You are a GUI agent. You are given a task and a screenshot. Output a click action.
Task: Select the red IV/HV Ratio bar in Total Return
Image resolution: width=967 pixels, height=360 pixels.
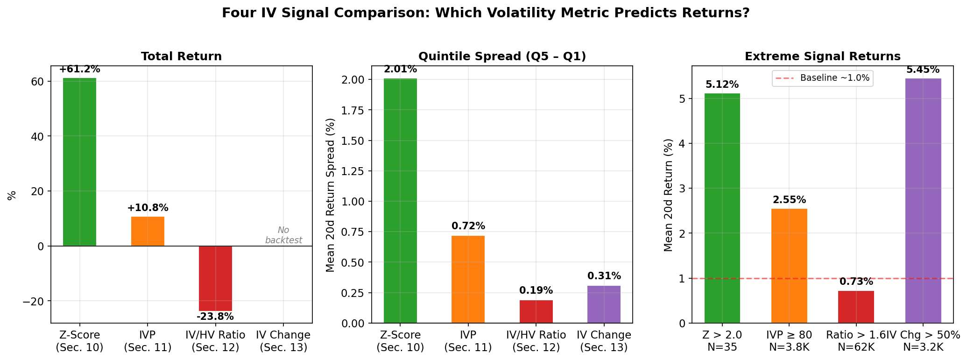pos(215,278)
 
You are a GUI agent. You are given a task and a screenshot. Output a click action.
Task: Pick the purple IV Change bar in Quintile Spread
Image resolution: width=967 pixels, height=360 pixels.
pos(604,304)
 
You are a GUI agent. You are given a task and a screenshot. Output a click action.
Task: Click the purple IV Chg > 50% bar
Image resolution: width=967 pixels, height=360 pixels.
pos(923,201)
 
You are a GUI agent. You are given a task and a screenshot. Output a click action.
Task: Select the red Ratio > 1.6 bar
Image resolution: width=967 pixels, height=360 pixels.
pos(856,307)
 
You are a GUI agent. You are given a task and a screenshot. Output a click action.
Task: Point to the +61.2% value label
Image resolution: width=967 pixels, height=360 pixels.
pos(79,70)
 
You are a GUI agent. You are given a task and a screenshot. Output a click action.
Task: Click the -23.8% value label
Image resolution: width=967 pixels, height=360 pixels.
pos(215,317)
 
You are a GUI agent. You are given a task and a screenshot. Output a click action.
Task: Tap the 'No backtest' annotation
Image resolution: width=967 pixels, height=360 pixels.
pos(283,235)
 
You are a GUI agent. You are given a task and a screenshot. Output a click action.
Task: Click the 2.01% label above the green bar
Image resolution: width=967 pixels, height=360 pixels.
pos(400,70)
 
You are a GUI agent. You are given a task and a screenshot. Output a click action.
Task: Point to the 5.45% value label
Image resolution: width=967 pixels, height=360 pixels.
pos(923,70)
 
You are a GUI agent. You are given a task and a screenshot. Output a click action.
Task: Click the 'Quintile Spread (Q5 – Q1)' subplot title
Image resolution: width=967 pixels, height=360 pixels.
pos(502,56)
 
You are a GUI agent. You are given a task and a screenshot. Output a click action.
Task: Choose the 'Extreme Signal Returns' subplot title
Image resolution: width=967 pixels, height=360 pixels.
pos(822,56)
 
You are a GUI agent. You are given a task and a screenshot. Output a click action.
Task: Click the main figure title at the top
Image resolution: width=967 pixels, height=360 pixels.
pos(486,13)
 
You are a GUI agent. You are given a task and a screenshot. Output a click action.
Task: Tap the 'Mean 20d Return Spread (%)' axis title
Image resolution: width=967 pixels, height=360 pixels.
pos(331,195)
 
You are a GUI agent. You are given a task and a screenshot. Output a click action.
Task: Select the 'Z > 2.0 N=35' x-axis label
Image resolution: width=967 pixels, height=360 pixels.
pos(722,341)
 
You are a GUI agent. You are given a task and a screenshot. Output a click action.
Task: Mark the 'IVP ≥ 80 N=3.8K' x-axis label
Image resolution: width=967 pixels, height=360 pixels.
pos(789,341)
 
